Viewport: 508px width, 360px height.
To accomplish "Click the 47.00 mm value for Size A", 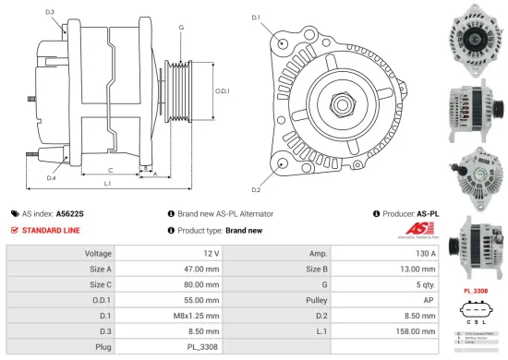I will tap(200, 269).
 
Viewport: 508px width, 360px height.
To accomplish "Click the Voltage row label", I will tap(99, 253).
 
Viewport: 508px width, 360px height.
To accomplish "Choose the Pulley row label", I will tap(317, 299).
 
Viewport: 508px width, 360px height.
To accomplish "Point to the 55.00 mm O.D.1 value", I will tap(200, 299).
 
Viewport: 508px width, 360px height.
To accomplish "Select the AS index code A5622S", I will tap(69, 213).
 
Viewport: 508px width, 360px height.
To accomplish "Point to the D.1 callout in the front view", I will tap(256, 18).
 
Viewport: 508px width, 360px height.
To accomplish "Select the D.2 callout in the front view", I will tap(256, 189).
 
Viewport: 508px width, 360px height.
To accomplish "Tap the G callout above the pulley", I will tap(181, 28).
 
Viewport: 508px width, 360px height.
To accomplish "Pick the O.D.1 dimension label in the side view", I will tap(222, 90).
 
